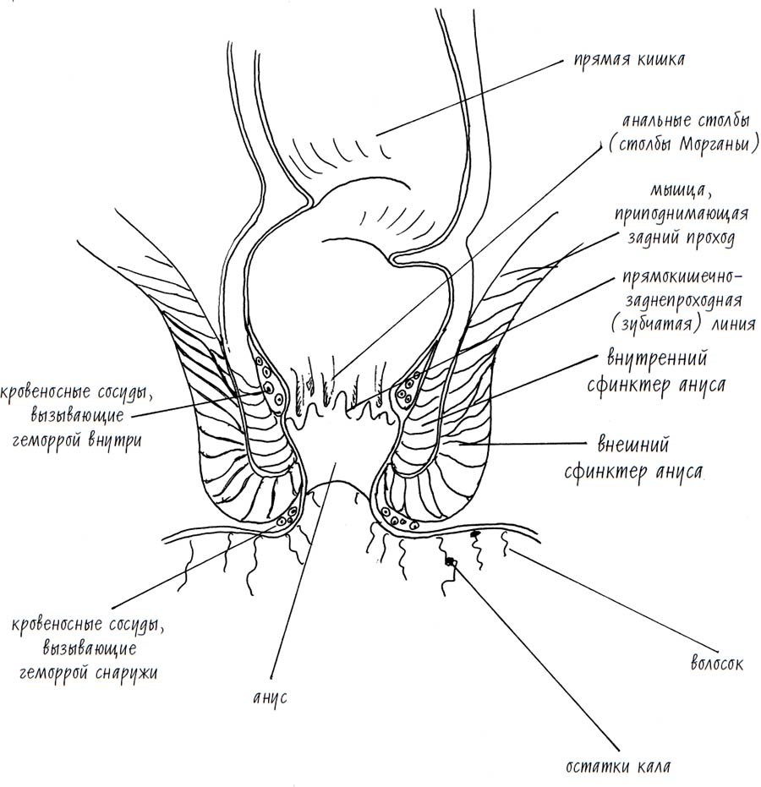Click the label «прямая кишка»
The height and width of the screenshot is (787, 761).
(629, 60)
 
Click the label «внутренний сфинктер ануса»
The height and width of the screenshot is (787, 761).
(656, 372)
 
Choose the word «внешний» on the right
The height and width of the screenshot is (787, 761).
(633, 445)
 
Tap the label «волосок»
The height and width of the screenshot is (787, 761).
(717, 664)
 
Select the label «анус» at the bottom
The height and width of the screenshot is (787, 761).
(270, 698)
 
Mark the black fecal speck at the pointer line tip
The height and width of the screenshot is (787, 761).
(452, 561)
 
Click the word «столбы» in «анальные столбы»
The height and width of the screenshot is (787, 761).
(725, 122)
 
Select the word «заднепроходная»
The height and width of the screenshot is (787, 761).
(683, 301)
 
